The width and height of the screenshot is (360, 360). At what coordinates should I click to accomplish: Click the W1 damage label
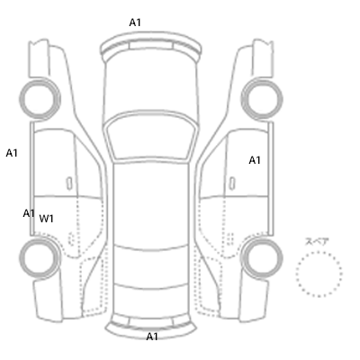coord(46,219)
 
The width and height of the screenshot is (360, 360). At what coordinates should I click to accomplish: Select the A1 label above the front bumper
coord(135,22)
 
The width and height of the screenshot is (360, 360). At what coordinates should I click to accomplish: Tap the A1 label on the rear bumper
coord(152,337)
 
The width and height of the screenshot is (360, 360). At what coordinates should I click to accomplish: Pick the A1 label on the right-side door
coord(255,160)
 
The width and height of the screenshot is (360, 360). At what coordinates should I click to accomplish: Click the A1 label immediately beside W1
coord(29,213)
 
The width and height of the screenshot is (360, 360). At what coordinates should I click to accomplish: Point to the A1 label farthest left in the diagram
coord(12,153)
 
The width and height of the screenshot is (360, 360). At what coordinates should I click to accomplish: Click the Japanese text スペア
coord(317,241)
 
